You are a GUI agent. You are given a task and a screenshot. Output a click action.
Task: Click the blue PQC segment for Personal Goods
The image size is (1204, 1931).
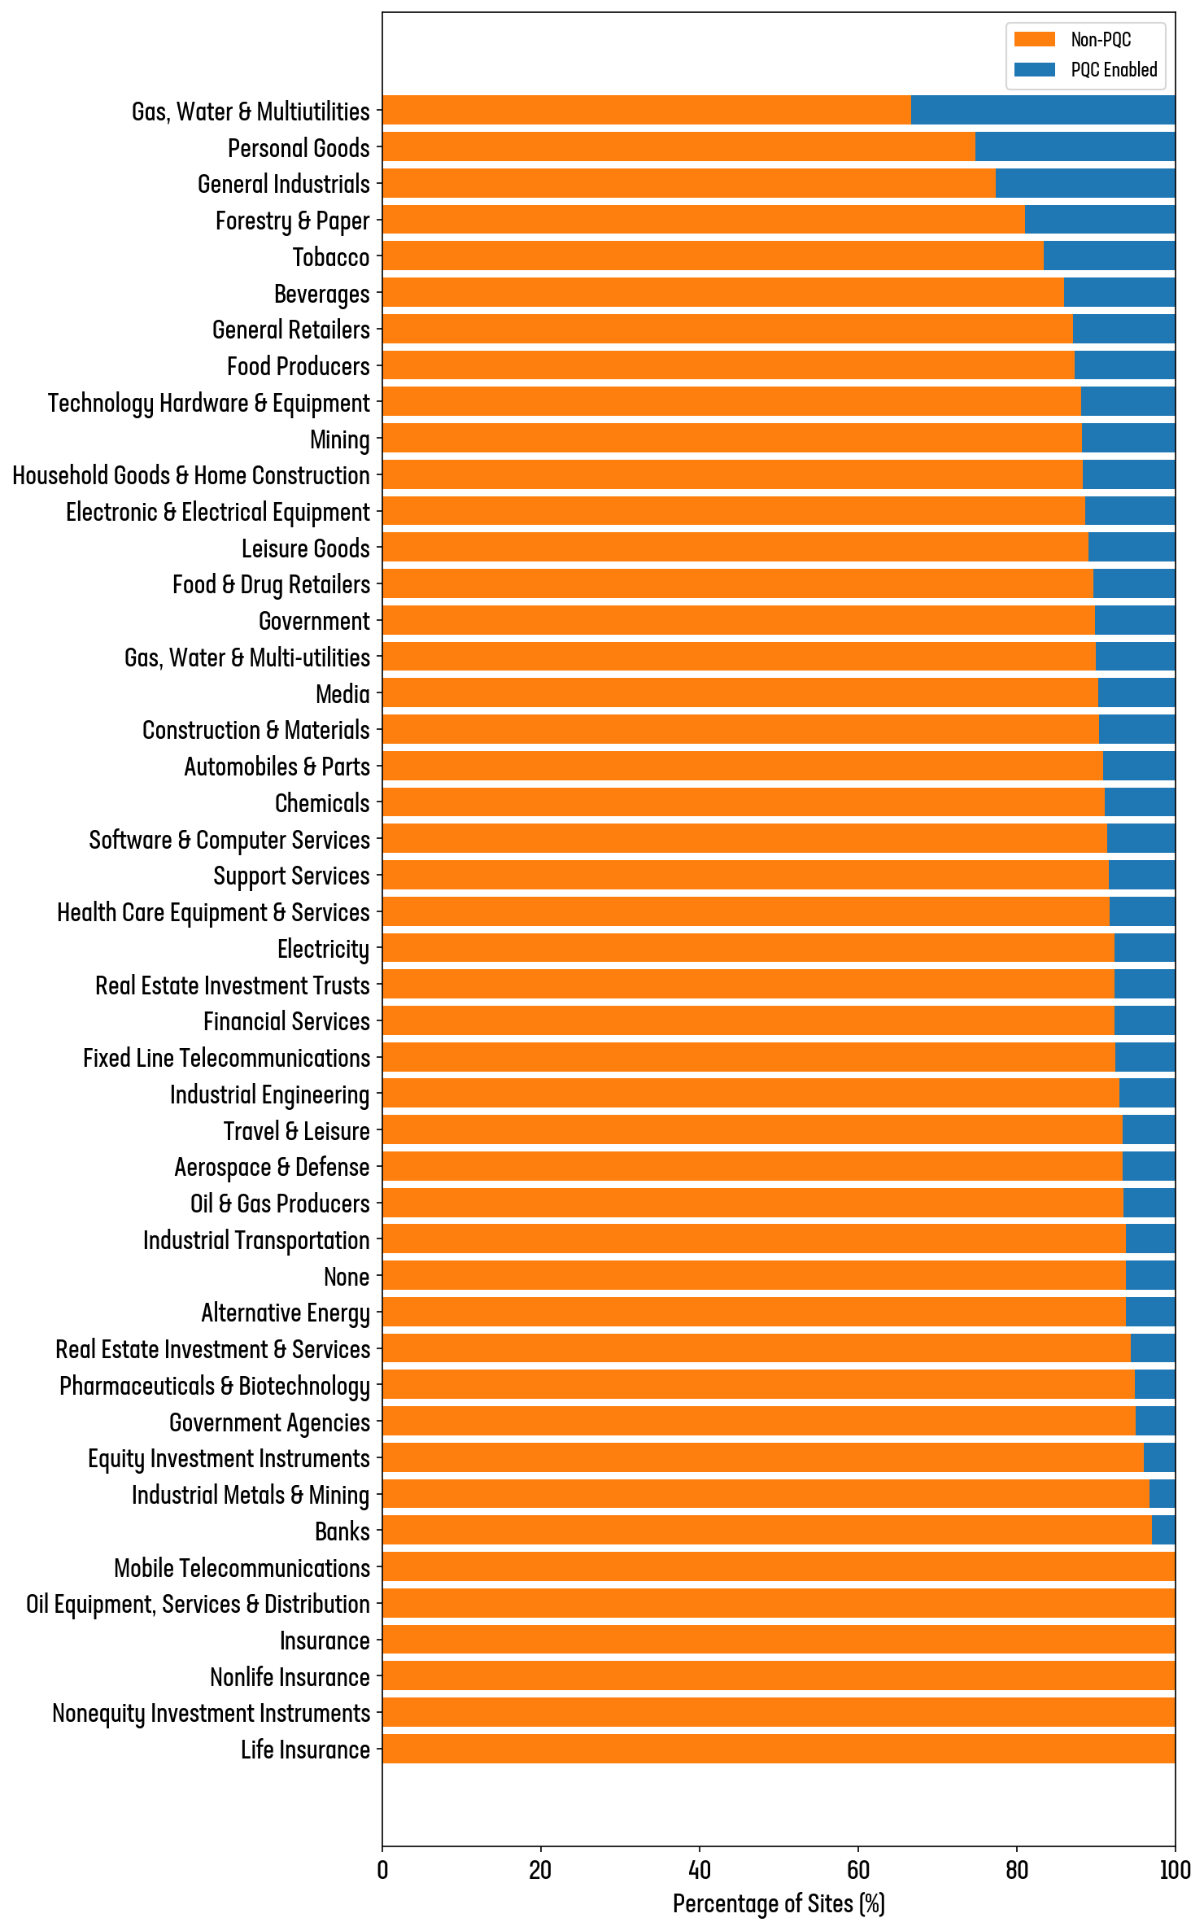pos(1075,147)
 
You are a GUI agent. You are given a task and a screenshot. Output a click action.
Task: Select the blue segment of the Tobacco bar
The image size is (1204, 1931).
pos(1109,256)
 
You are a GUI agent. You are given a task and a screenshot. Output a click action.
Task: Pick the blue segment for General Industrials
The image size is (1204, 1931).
pos(1084,184)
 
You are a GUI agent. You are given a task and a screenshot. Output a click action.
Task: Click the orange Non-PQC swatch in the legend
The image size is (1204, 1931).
pos(1034,40)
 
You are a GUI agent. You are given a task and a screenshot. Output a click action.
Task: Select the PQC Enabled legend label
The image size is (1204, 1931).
pos(1114,70)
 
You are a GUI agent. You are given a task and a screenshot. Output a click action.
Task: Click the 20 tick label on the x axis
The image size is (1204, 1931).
pos(541,1870)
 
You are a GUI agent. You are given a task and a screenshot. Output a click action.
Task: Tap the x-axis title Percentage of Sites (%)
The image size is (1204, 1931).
pos(779,1904)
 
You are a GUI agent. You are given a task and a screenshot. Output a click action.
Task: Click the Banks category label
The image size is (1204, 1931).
pos(342,1532)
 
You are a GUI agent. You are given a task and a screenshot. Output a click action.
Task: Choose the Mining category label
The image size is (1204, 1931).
pos(340,440)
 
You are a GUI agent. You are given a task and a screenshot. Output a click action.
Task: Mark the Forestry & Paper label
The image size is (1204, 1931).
pos(293,221)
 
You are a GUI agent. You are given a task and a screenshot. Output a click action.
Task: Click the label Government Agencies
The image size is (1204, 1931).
pos(269,1423)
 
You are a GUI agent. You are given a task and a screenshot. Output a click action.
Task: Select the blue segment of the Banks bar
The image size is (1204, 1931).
pos(1163,1531)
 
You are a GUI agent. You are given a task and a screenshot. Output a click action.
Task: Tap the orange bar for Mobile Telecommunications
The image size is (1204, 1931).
pos(779,1567)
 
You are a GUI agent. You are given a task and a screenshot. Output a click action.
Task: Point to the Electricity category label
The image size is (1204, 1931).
pos(324,950)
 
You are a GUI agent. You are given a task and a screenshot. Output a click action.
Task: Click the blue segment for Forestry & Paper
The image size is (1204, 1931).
pos(1100,220)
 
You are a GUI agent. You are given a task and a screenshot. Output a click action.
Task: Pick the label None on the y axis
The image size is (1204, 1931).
pos(347,1278)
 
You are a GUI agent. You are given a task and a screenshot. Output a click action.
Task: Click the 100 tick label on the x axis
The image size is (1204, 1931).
pos(1175,1870)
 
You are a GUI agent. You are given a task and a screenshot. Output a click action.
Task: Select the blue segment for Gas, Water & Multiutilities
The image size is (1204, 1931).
pos(1043,111)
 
